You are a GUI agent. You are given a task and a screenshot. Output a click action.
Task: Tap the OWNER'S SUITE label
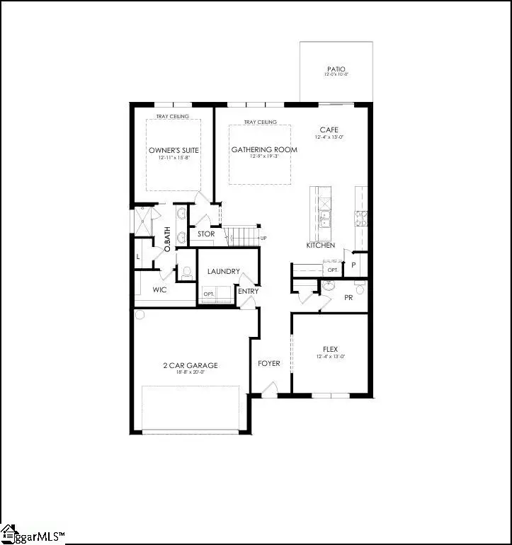coord(173,150)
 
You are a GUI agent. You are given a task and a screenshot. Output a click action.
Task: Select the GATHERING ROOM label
coord(264,149)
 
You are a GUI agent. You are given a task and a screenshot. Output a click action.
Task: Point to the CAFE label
coord(329,130)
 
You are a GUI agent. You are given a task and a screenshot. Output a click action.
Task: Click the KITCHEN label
coord(320,245)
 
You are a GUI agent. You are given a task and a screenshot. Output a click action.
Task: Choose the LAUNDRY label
coord(223,271)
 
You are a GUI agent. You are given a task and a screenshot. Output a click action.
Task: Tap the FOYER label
coord(268,363)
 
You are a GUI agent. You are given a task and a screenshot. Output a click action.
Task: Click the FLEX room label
coord(329,348)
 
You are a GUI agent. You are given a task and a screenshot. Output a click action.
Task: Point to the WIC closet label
coord(159,289)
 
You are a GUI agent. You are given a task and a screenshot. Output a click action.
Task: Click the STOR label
coord(206,234)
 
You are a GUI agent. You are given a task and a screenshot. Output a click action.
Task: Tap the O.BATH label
coord(168,239)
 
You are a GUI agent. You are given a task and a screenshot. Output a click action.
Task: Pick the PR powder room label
coord(348,298)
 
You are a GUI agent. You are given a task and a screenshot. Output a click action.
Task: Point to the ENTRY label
coord(249,291)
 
